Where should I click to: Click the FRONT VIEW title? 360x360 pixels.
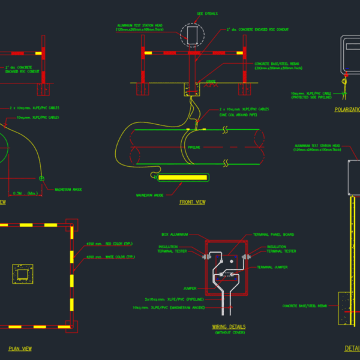(192, 202)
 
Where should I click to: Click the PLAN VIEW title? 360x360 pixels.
(20, 348)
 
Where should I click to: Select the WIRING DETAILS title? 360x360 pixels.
(229, 327)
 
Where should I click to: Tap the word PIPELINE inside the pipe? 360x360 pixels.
(193, 147)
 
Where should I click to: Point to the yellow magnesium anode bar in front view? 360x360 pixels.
(180, 177)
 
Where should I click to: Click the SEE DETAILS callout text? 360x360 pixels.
(207, 13)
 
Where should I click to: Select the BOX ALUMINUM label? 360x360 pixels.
(175, 235)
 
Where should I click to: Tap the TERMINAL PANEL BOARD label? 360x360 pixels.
(273, 235)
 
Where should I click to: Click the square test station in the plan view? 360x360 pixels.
(23, 275)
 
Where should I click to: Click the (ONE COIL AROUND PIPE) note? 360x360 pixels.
(238, 115)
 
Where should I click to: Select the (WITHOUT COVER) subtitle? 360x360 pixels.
(229, 332)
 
